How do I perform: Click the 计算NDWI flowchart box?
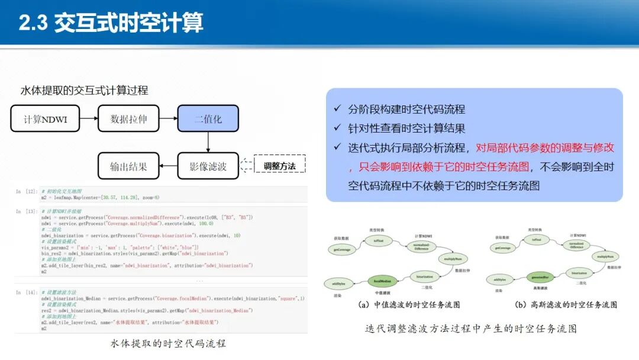45,119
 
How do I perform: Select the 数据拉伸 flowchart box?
128,119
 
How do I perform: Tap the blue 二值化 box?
208,119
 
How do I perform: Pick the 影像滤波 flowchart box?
208,166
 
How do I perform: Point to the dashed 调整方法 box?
279,166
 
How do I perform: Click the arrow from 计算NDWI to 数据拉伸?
89,119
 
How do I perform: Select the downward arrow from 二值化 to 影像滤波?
208,142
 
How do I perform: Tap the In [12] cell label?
27,191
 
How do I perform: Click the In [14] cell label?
27,292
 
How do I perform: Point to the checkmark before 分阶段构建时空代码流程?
337,110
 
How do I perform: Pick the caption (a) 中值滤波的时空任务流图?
409,305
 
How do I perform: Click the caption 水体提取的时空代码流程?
168,343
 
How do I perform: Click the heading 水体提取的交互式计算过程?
84,91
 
